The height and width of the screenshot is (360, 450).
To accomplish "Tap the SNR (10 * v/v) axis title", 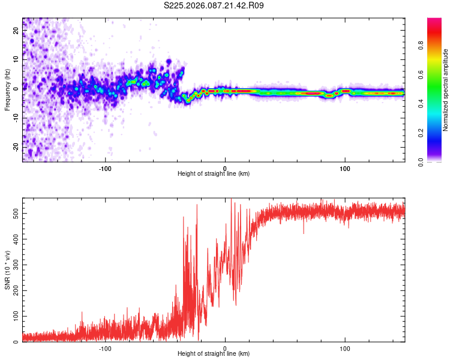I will (x=7, y=269).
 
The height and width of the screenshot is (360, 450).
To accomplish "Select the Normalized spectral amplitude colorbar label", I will (x=445, y=90).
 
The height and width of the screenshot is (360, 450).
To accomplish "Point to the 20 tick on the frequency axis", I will (x=16, y=31).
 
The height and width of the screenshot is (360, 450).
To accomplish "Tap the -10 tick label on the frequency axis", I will (x=14, y=117).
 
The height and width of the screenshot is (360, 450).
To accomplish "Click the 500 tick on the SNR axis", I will (x=13, y=213).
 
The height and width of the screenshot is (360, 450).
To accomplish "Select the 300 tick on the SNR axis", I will (x=13, y=265).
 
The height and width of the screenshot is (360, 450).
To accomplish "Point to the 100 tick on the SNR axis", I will (x=13, y=316).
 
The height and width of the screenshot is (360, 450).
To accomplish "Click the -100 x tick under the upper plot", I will (x=106, y=167).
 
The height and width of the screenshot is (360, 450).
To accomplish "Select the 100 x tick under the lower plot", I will (x=345, y=347).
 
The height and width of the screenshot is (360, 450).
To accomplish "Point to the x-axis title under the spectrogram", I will (x=214, y=174).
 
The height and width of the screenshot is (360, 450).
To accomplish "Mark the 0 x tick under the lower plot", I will (x=225, y=347).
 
